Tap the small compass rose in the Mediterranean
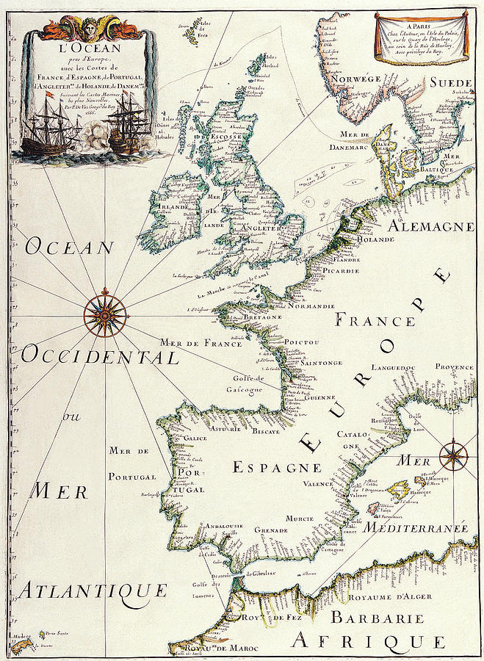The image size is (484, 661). tap(452, 455)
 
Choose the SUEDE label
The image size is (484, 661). tap(450, 82)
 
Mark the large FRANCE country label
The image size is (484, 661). tap(375, 321)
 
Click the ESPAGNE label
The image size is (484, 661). tap(277, 467)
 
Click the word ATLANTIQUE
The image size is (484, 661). tap(93, 590)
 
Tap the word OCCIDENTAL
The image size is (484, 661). tap(99, 357)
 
